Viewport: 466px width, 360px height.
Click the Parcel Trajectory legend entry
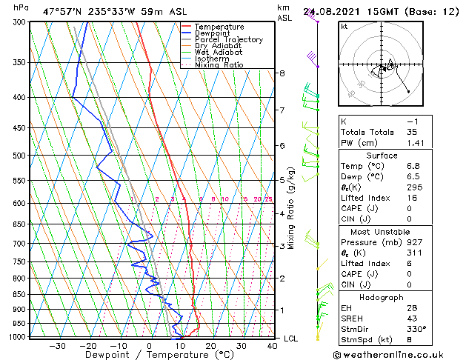tap(228, 39)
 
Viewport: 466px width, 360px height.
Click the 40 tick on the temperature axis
tap(272, 345)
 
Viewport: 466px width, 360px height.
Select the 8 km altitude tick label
tap(282, 73)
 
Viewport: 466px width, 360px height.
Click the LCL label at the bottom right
tap(291, 339)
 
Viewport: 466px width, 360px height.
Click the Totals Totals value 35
tap(413, 132)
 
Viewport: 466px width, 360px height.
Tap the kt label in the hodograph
tap(344, 27)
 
